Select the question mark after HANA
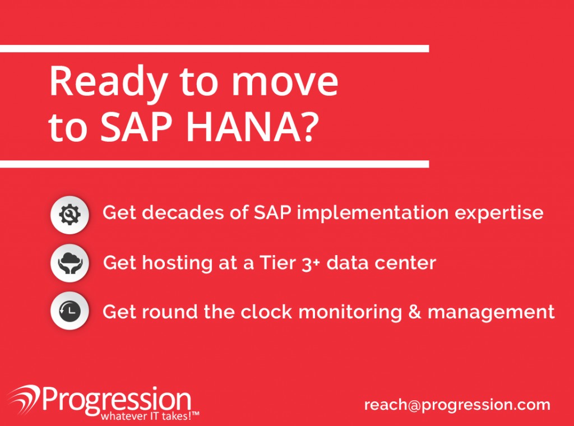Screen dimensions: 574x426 tap(309, 127)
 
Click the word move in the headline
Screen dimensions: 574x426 tap(285, 83)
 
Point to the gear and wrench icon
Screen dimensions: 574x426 tap(70, 215)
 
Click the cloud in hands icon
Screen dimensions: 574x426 tap(70, 263)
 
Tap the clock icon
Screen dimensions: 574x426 tap(70, 311)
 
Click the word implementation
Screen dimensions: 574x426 tap(373, 213)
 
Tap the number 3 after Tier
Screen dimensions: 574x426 tap(307, 263)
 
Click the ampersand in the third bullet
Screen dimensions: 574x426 tap(415, 312)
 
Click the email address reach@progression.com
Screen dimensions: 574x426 tap(457, 405)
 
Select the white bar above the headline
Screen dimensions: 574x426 tap(215, 49)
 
